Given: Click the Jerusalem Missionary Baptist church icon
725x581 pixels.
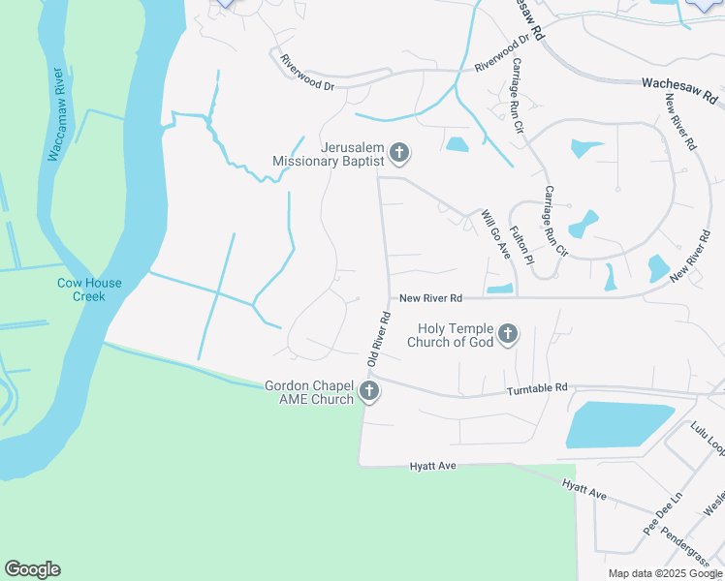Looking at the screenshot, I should tap(399, 153).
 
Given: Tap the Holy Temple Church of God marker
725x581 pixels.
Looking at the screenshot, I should tap(508, 335).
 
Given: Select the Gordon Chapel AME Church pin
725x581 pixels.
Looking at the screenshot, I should tap(368, 392).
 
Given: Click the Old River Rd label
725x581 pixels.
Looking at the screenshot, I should tap(378, 337).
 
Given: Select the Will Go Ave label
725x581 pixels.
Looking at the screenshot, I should tap(497, 234).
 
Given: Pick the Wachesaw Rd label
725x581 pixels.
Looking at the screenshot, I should tap(678, 91).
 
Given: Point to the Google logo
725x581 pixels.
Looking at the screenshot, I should tap(32, 569).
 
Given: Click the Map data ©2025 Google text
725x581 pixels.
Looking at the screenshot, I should tap(665, 573).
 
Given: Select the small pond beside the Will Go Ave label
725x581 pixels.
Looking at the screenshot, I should tap(500, 289).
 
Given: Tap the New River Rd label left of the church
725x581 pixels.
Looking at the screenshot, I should tap(430, 298).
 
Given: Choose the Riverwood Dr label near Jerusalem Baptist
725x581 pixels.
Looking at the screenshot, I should tap(306, 73).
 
